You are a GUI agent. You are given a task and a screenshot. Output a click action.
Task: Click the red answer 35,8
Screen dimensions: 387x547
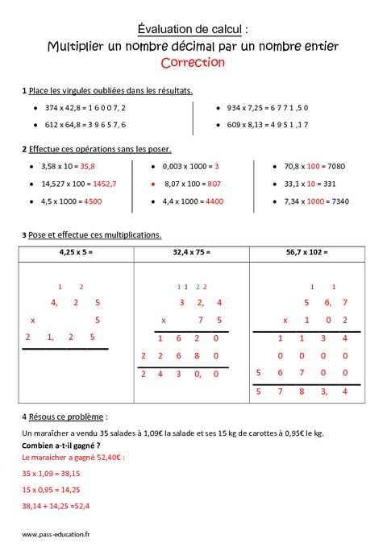pyautogui.click(x=87, y=166)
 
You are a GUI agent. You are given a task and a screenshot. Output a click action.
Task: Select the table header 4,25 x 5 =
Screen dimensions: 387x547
pyautogui.click(x=77, y=252)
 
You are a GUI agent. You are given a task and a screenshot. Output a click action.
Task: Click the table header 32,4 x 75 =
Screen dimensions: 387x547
pyautogui.click(x=192, y=252)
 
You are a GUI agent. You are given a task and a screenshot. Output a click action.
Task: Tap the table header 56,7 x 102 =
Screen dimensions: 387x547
pyautogui.click(x=308, y=252)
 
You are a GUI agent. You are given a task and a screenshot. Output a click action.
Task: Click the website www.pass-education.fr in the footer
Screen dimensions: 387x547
pyautogui.click(x=56, y=533)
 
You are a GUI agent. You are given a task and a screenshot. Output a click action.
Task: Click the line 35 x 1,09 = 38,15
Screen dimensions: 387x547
pyautogui.click(x=51, y=474)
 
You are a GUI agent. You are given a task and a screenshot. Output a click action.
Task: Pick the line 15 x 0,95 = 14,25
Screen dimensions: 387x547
pyautogui.click(x=51, y=489)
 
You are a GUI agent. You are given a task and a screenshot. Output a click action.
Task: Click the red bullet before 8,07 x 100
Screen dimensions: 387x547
pyautogui.click(x=154, y=184)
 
